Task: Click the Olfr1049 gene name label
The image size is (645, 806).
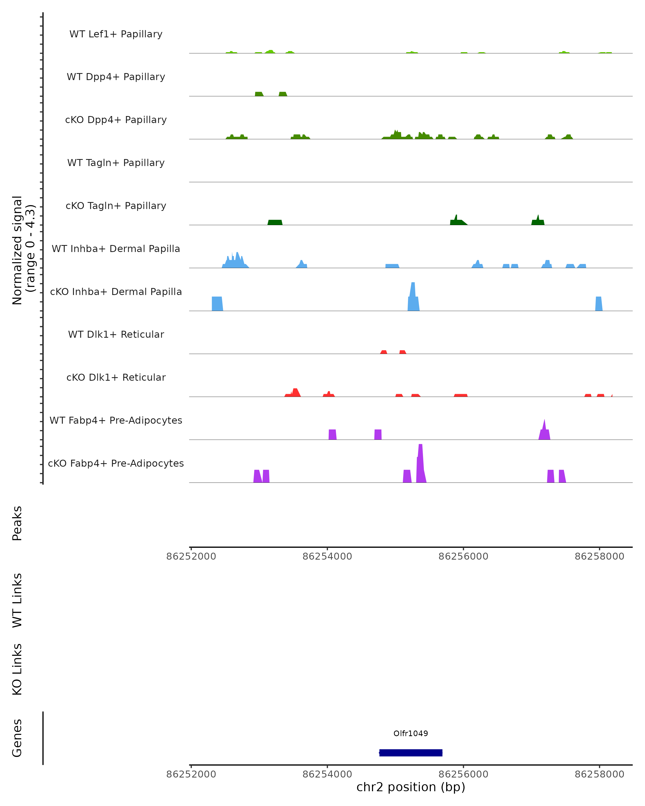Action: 411,733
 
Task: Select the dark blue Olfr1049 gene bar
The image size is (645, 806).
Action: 411,753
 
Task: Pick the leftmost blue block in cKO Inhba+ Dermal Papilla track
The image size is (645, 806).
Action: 217,304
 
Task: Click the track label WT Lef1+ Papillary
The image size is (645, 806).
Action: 116,34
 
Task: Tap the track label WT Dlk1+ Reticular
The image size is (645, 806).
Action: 116,334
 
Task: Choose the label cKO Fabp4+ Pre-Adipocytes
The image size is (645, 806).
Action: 116,463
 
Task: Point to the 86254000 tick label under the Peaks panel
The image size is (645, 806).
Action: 327,556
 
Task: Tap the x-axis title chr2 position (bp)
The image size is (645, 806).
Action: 411,787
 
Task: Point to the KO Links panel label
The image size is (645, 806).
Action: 17,669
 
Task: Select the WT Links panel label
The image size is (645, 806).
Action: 17,600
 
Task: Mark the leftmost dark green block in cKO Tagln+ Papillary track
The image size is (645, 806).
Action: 275,222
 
